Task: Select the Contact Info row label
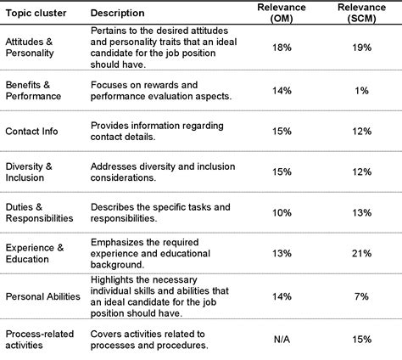pos(33,131)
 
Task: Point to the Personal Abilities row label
pos(42,296)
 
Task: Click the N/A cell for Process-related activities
pos(282,340)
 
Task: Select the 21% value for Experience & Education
pos(362,253)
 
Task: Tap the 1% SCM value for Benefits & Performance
pos(362,91)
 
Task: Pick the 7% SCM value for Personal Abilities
pos(362,296)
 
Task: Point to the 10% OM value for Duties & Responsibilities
pos(282,213)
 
